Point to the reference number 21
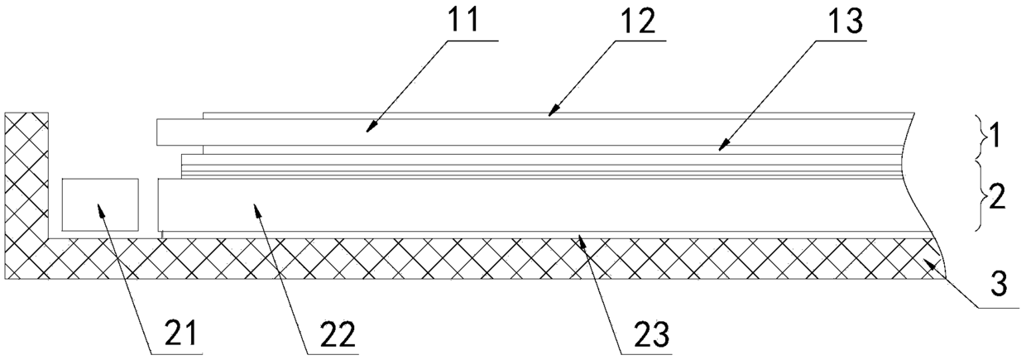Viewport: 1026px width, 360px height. (180, 334)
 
